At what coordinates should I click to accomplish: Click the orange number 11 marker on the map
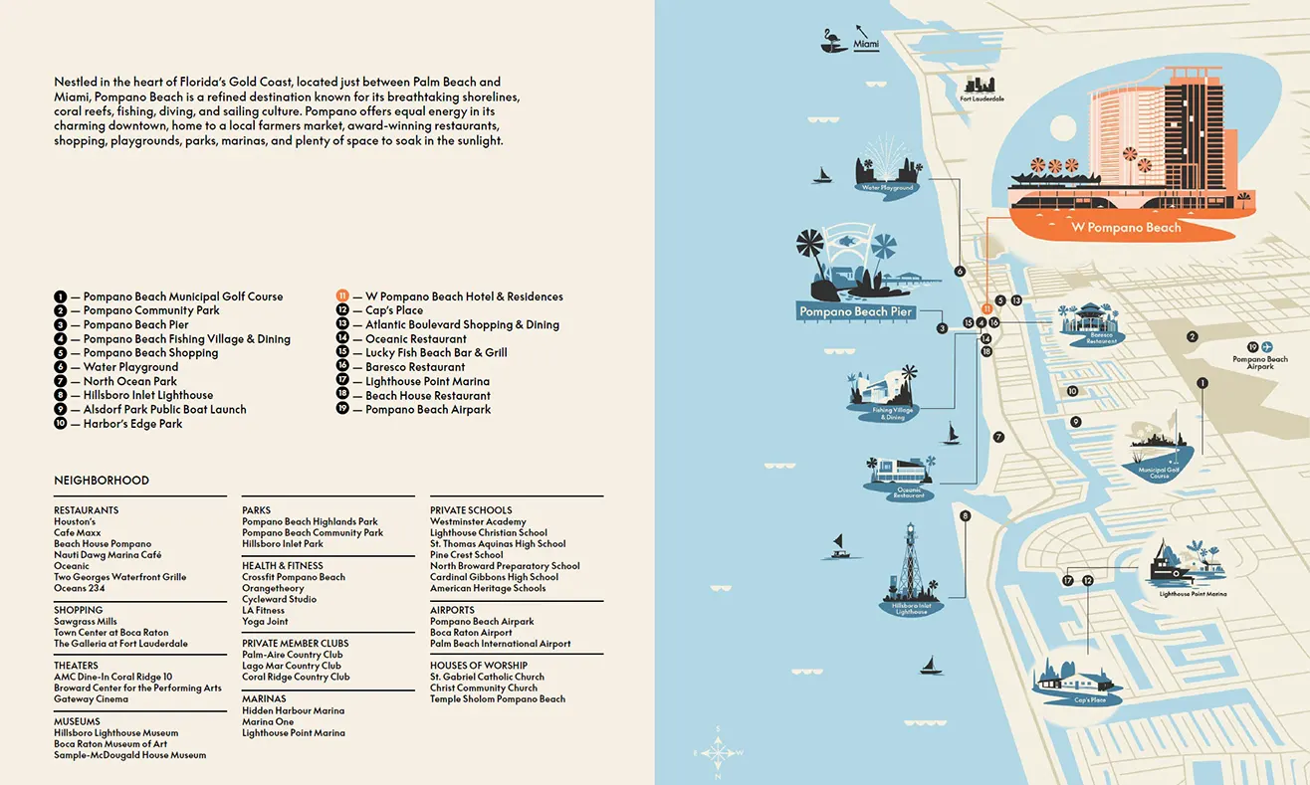986,308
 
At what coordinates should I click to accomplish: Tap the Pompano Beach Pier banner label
856,311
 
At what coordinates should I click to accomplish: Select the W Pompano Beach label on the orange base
1126,228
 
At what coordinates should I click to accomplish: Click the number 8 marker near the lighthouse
965,516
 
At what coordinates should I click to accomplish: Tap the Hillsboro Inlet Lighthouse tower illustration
908,563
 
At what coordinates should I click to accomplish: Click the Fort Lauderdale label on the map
982,99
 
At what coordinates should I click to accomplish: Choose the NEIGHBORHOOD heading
102,481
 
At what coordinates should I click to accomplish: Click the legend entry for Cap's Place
394,310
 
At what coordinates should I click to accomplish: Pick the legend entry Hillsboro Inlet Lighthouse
148,395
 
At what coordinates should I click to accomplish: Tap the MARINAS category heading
264,699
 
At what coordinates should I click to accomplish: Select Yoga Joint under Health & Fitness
265,622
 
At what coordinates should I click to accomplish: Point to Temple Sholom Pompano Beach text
497,699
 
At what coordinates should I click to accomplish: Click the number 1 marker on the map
1202,383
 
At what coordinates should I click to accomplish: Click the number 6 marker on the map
961,271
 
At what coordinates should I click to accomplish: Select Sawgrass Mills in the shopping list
86,622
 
